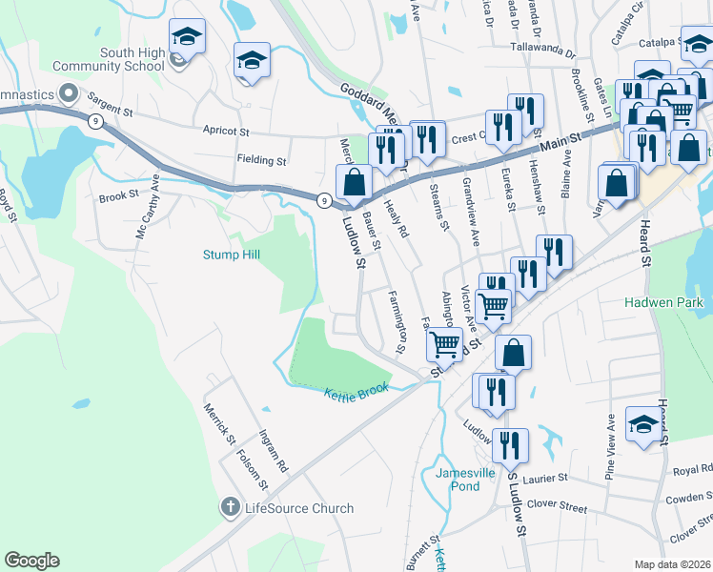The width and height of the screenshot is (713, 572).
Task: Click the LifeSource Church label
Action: coord(298,508)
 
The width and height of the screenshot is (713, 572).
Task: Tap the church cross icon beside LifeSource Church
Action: coord(230,507)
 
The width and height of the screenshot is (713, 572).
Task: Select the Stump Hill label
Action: coord(231,255)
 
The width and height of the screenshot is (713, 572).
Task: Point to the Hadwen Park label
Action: coord(663,302)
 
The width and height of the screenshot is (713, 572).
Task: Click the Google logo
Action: coord(31,561)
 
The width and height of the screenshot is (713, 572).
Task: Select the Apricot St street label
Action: coord(225,131)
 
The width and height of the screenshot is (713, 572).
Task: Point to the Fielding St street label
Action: coord(262,161)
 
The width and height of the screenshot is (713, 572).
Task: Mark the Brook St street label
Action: coord(119,198)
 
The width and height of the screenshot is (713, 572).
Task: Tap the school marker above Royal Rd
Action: coord(642,423)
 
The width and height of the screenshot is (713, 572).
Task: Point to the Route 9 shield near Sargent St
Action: coord(95,121)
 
